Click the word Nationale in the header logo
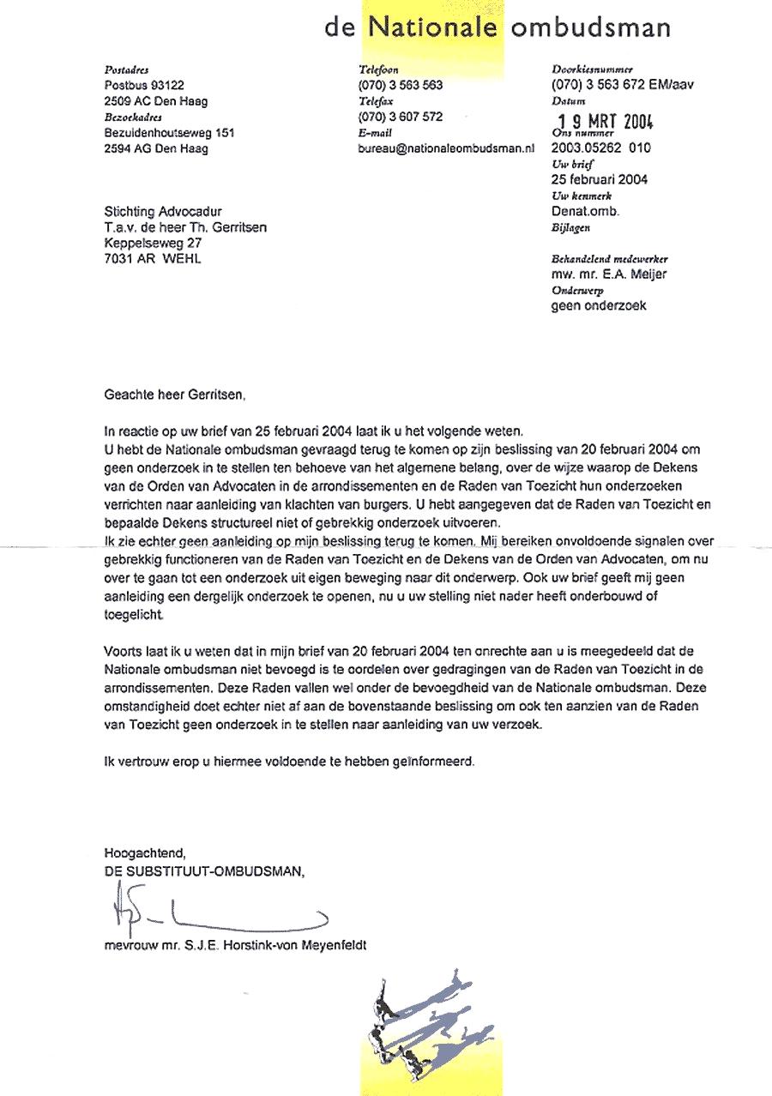[x=433, y=28]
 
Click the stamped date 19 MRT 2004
[x=600, y=121]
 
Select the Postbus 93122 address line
[x=143, y=85]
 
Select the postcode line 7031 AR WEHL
[x=152, y=258]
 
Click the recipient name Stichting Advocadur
[x=156, y=212]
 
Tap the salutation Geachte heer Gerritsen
[x=174, y=395]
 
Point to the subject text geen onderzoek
[x=599, y=305]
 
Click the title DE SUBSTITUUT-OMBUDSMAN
[x=204, y=870]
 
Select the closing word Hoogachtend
[x=144, y=853]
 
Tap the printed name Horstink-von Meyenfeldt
[x=305, y=946]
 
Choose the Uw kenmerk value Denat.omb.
[x=585, y=211]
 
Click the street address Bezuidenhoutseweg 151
[x=169, y=132]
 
